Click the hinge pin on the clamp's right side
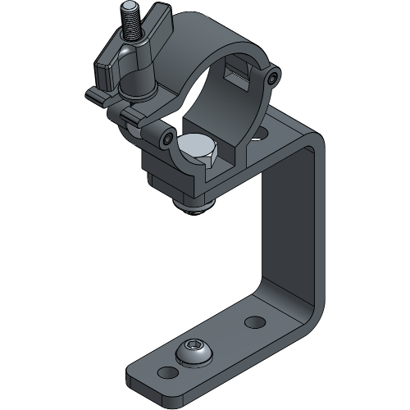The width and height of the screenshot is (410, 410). [271, 78]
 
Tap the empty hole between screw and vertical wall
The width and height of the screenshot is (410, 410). [253, 321]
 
